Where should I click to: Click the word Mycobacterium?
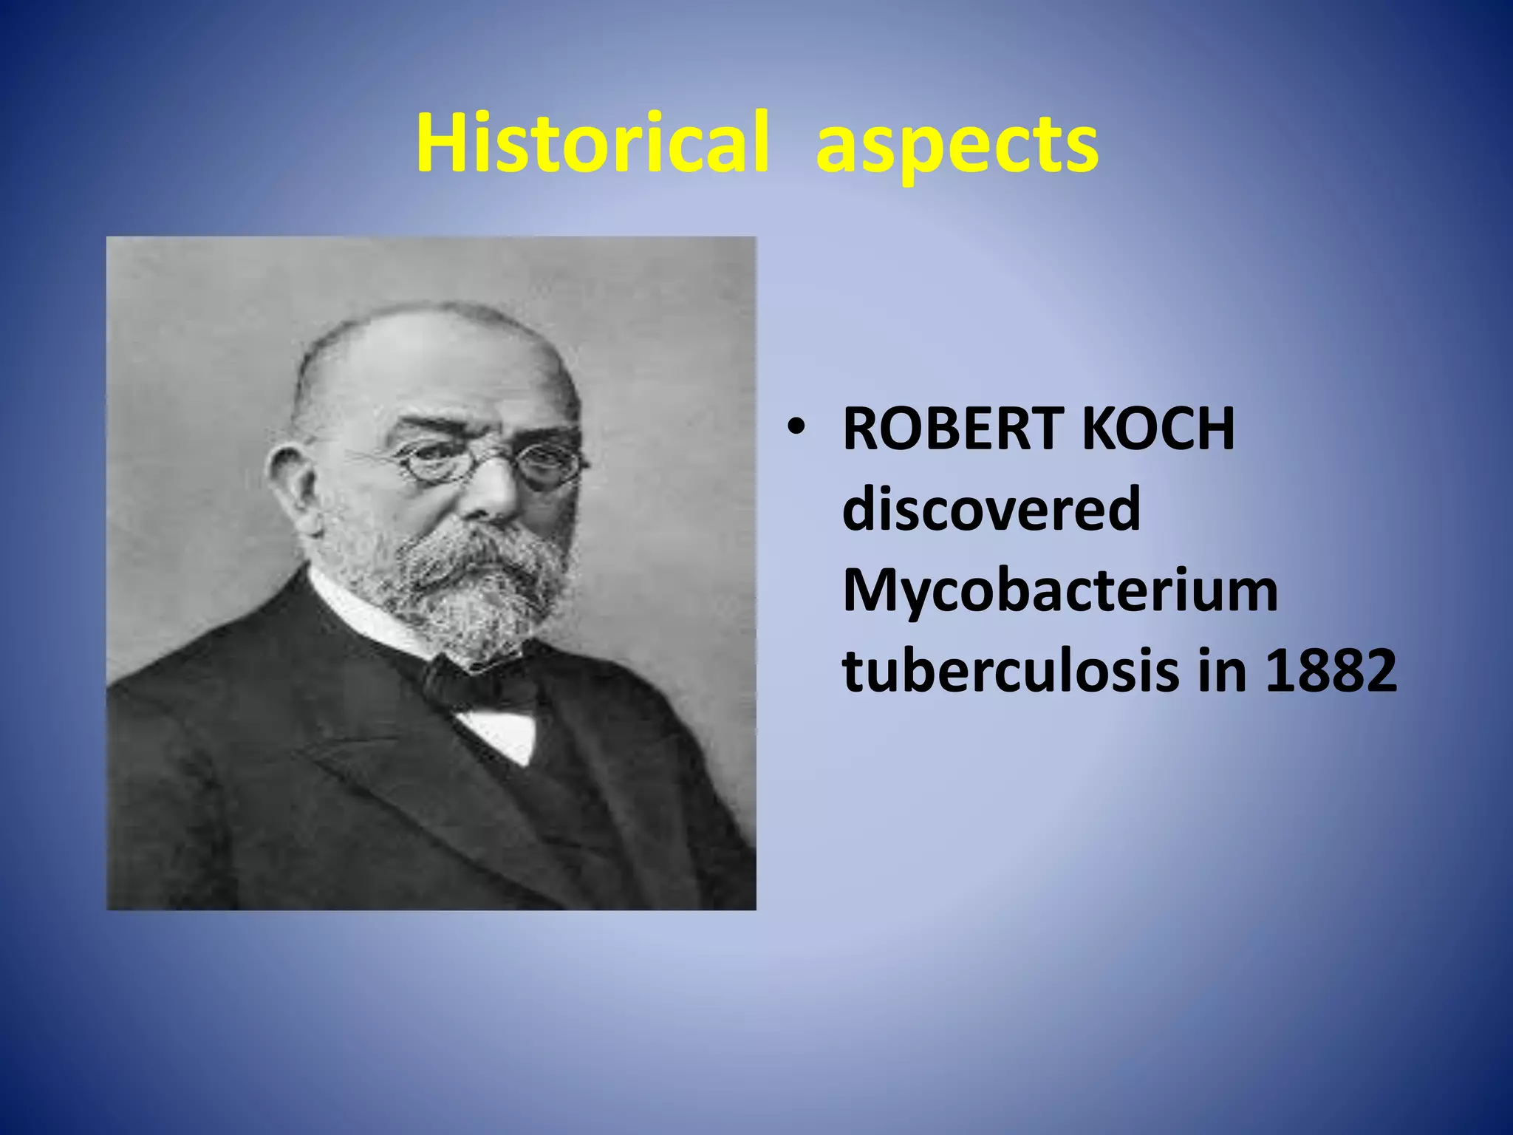(x=1059, y=592)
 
